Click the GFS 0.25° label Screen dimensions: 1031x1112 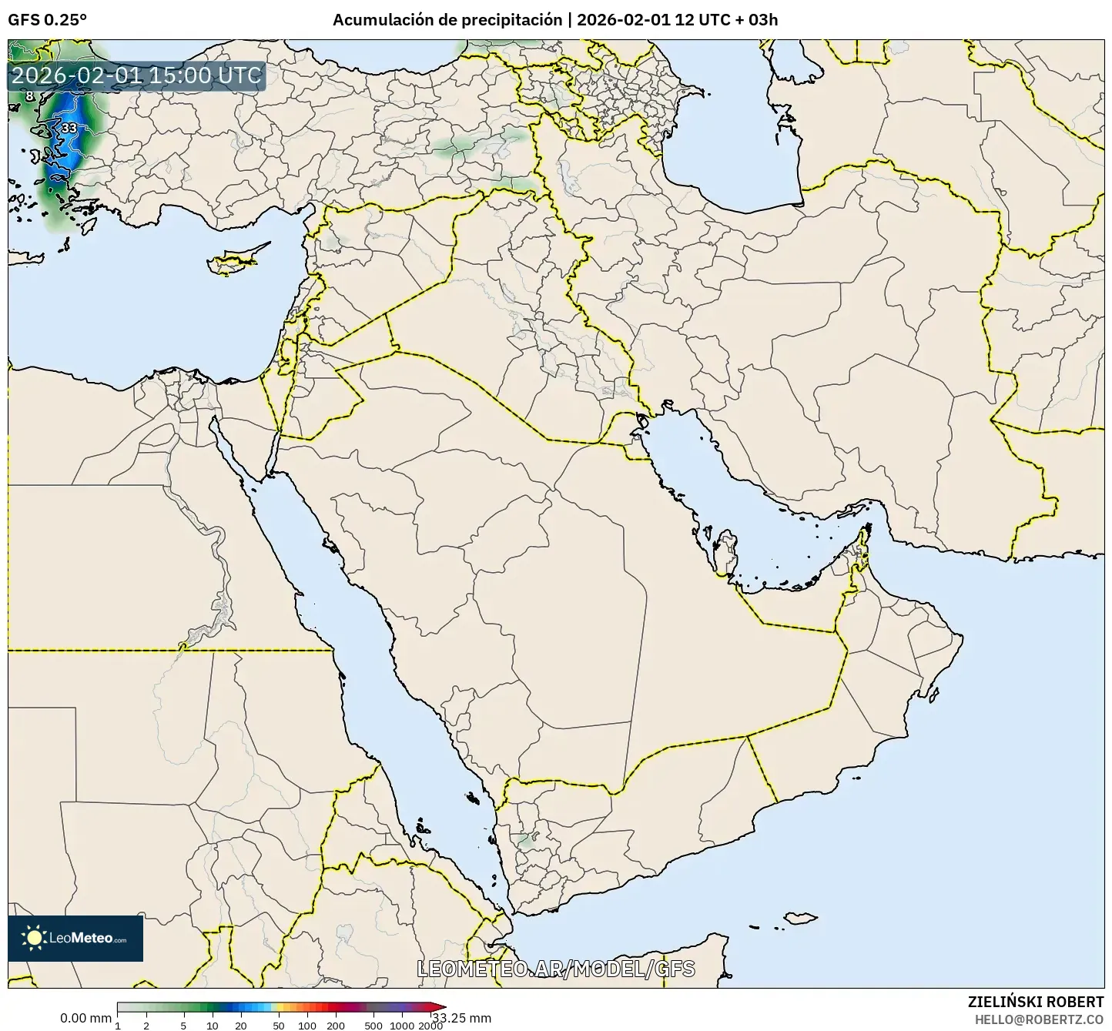(x=47, y=20)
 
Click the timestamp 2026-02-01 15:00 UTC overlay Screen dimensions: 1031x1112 (x=136, y=75)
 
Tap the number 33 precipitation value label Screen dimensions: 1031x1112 (x=69, y=128)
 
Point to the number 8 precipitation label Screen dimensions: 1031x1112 (x=29, y=96)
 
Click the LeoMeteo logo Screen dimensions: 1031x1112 (x=75, y=938)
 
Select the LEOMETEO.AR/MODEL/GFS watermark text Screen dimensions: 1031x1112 (x=556, y=969)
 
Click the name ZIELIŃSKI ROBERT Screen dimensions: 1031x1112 (x=1036, y=1002)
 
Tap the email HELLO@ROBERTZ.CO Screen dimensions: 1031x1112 (x=1039, y=1019)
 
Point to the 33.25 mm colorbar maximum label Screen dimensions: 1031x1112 (x=462, y=1018)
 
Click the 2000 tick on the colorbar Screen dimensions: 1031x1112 (x=430, y=1026)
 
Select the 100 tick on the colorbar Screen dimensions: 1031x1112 (x=307, y=1026)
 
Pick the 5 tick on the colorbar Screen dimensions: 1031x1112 (x=183, y=1026)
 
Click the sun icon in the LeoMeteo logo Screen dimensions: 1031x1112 (x=34, y=938)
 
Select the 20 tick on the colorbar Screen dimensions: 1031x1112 (x=241, y=1026)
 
